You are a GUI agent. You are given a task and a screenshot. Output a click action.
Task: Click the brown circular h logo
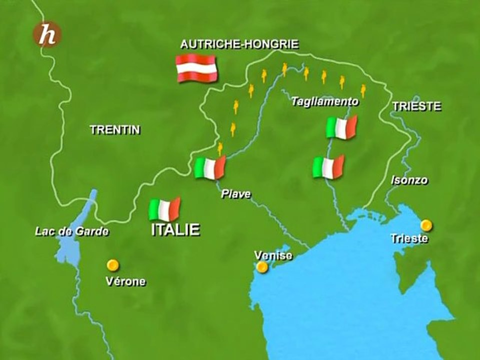47,34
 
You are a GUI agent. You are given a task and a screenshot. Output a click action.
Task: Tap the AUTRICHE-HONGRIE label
239,44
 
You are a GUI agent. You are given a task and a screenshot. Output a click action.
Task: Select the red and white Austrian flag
196,68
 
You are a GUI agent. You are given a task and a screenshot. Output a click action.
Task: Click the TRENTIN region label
115,130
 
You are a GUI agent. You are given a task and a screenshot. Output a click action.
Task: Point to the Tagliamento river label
325,101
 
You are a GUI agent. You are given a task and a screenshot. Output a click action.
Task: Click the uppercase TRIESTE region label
416,106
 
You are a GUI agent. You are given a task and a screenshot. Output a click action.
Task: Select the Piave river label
236,194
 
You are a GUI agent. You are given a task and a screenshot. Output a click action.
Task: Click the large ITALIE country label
175,229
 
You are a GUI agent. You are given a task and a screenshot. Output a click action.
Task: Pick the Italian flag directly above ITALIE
164,209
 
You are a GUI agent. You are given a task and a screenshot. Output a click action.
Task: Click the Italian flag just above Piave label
210,167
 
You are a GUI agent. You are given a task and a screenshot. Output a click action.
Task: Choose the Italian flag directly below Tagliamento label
341,127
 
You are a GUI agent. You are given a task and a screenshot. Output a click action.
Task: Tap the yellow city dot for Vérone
113,264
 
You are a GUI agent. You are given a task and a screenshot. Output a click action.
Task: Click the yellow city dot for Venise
262,267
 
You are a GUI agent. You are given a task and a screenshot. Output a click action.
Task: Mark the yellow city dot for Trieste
426,225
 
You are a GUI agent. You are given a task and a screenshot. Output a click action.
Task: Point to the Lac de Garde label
71,231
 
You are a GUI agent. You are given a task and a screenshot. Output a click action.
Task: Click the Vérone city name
125,281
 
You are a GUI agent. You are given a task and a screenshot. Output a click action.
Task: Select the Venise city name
272,255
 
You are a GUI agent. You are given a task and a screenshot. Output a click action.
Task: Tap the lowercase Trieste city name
409,238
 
